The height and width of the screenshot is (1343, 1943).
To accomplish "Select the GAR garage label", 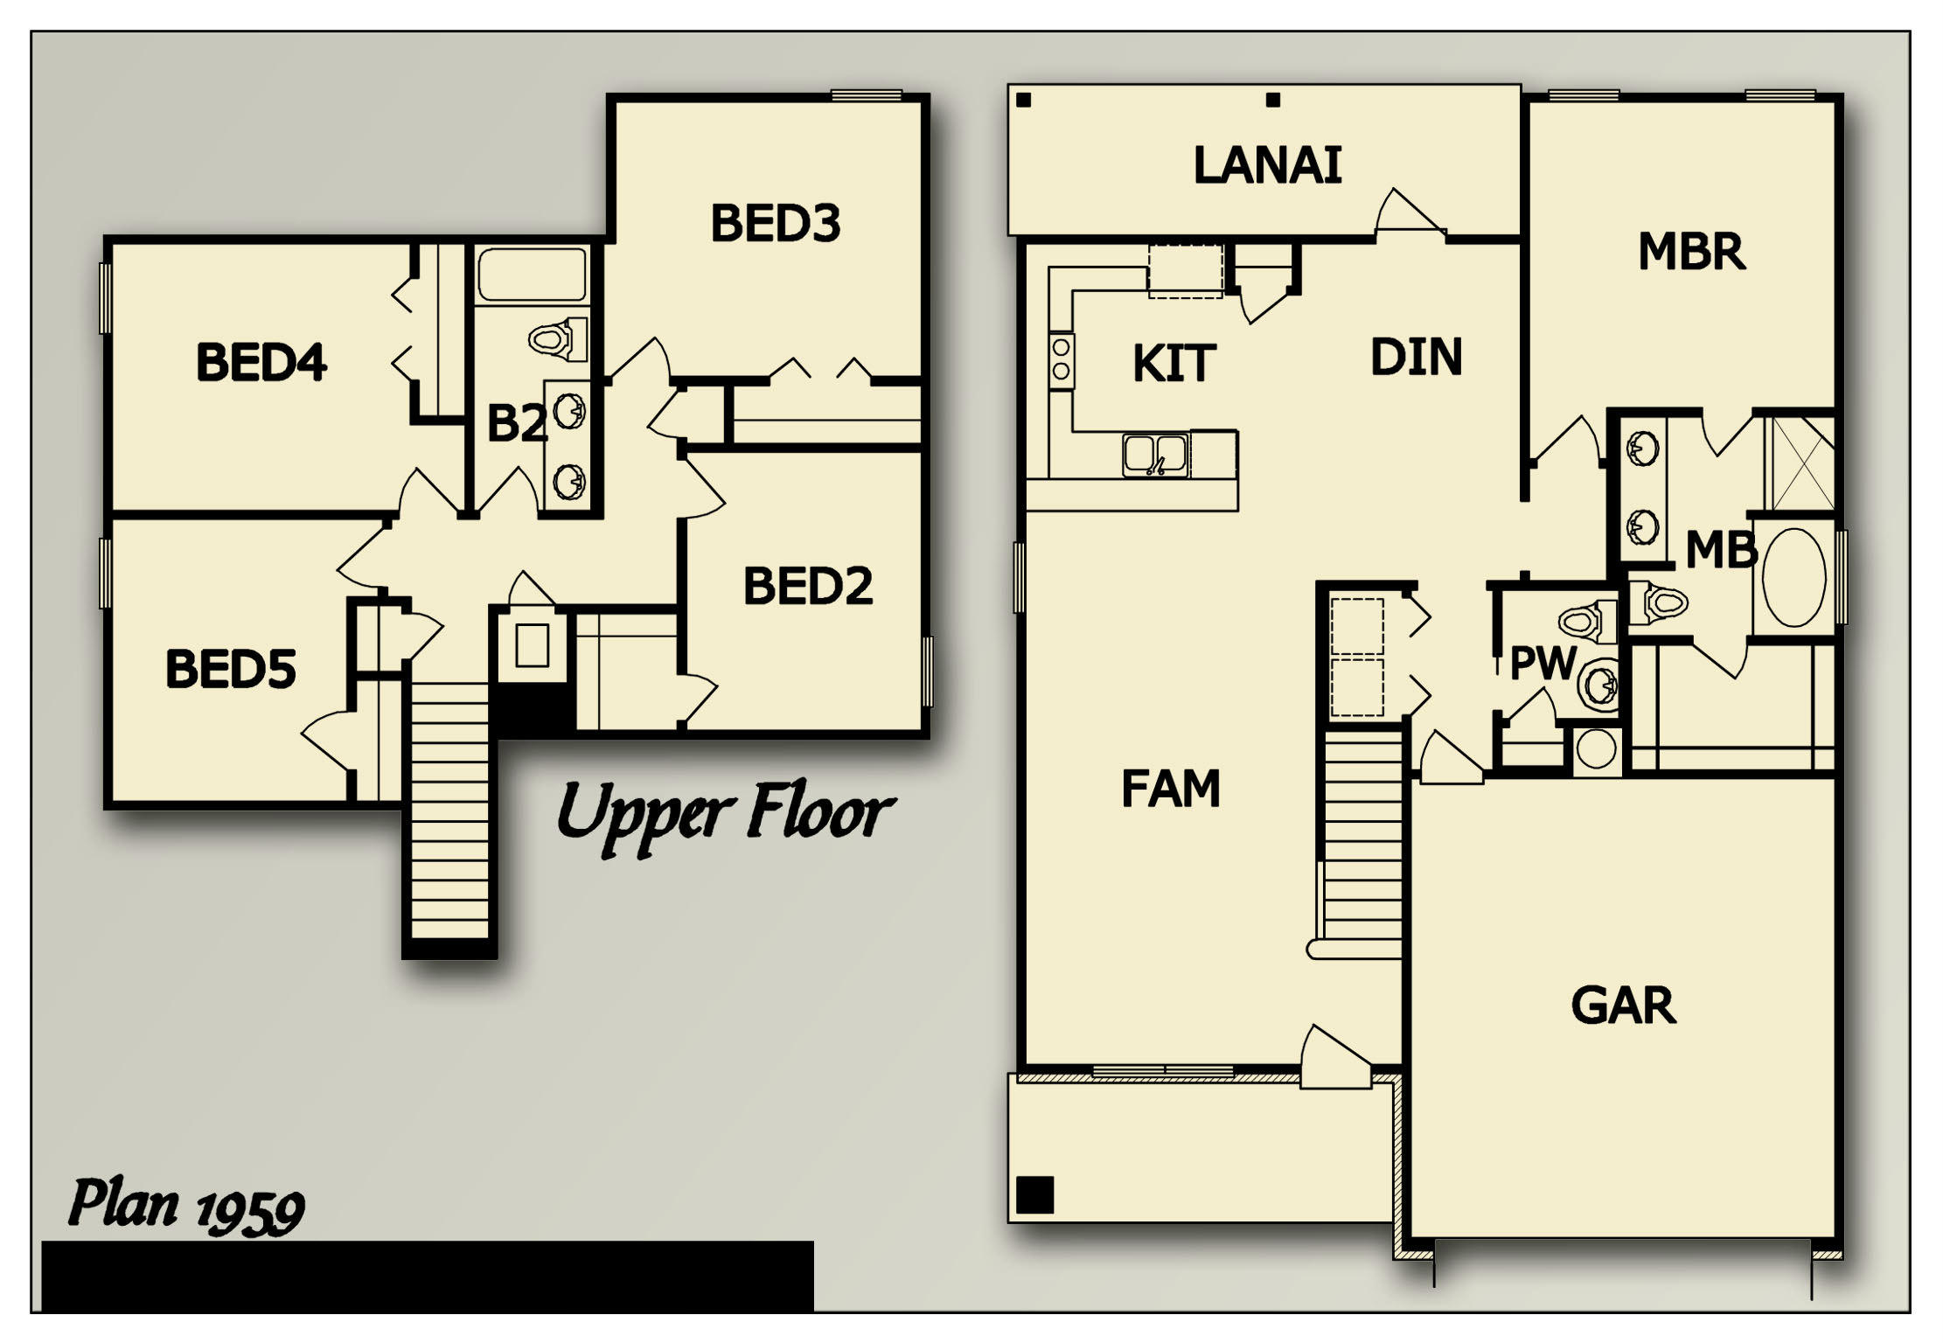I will click(1623, 1006).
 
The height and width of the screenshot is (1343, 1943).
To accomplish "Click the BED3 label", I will click(775, 223).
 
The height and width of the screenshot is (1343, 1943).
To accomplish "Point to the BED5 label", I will click(230, 670).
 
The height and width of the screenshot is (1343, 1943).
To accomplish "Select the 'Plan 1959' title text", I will click(186, 1207).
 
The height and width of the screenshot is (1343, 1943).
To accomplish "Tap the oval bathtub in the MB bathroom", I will click(1793, 577).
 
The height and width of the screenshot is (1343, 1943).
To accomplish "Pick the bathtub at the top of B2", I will click(532, 275).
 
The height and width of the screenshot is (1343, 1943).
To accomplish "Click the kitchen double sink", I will click(1155, 456).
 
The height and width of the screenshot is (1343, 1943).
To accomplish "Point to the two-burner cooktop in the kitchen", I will click(1061, 358).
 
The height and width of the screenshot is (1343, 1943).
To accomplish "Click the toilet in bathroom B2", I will click(558, 339).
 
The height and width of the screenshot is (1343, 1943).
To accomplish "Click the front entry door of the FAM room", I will click(1334, 1061).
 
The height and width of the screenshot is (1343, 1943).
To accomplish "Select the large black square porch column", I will click(1035, 1194).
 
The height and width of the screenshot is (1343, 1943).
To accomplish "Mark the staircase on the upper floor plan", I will click(449, 813).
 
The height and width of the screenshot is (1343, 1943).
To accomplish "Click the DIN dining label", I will click(1416, 358).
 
